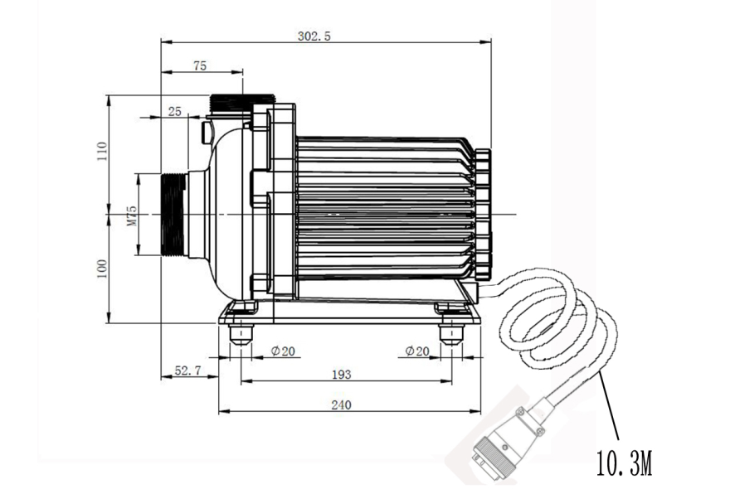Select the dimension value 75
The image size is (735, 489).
pyautogui.click(x=199, y=67)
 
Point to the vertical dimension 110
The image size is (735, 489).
pyautogui.click(x=102, y=153)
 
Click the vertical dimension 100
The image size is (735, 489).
pyautogui.click(x=102, y=268)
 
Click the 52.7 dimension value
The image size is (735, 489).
pyautogui.click(x=187, y=372)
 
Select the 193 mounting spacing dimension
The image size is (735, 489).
pyautogui.click(x=341, y=375)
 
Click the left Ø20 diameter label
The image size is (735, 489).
pyautogui.click(x=283, y=351)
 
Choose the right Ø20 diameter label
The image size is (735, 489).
pyautogui.click(x=417, y=351)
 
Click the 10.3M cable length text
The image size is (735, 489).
pyautogui.click(x=624, y=462)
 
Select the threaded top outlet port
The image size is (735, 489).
pyautogui.click(x=242, y=104)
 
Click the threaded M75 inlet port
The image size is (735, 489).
pyautogui.click(x=172, y=215)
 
